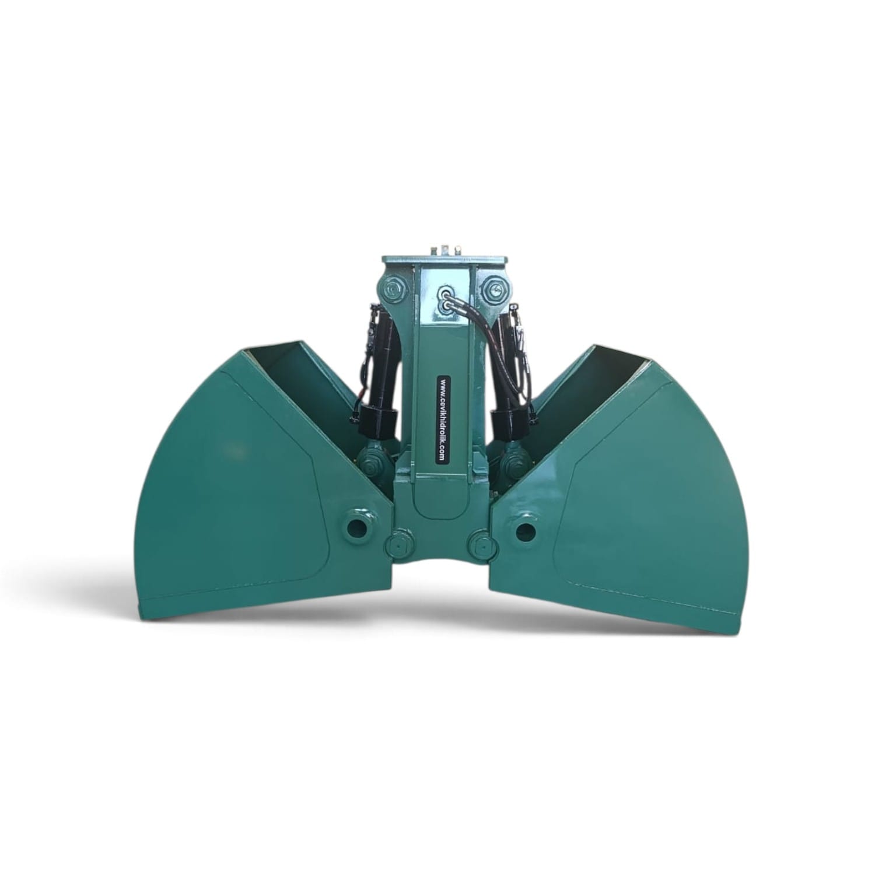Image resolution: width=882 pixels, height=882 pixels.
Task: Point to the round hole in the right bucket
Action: coord(525,530)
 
